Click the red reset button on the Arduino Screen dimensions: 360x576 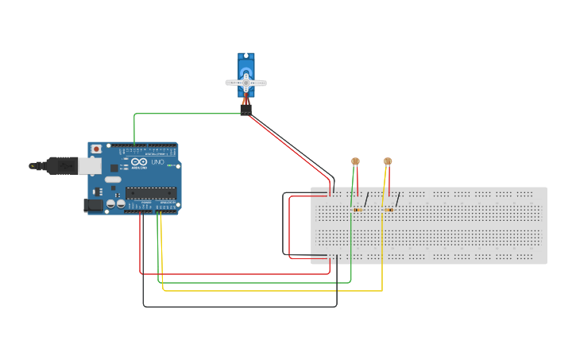[96, 149]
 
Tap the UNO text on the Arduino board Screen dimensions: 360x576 [157, 162]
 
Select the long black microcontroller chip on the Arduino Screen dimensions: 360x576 [150, 192]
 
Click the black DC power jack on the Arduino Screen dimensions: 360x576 [91, 205]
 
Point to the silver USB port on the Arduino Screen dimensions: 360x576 [89, 165]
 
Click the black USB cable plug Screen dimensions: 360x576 [60, 165]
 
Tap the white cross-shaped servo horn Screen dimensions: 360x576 [245, 83]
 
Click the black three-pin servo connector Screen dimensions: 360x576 [245, 110]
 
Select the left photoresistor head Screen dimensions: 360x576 [355, 161]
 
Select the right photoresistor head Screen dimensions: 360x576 [388, 161]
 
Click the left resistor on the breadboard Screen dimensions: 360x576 [357, 210]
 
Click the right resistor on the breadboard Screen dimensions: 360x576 [389, 210]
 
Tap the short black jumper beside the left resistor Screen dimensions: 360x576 [366, 199]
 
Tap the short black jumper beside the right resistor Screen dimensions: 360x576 [397, 199]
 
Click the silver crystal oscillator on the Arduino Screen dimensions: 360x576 [112, 180]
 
